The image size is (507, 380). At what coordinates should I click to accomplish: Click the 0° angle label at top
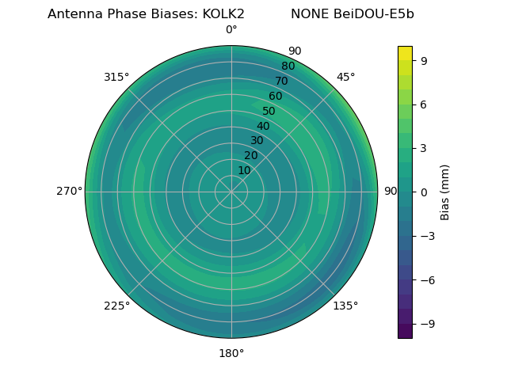coord(231,30)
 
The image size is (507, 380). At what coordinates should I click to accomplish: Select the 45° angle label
coord(345,77)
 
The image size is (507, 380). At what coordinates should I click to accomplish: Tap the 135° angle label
coord(345,306)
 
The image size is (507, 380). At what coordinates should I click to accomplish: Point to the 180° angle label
coord(231,353)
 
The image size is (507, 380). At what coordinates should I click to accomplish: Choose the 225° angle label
coord(116,306)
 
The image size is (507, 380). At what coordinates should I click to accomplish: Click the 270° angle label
coord(69,192)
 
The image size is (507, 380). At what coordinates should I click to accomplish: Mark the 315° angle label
coord(116,77)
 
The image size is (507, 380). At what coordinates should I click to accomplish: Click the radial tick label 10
coord(244,170)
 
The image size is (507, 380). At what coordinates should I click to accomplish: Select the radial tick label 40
coord(263,126)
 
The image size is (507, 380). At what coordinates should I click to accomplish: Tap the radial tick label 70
coord(282,81)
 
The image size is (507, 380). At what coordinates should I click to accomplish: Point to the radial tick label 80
coord(288,66)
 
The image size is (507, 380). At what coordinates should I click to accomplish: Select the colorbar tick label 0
coord(424,192)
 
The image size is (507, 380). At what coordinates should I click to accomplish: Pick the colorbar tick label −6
coord(427,280)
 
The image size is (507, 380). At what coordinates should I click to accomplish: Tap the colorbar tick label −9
coord(427,324)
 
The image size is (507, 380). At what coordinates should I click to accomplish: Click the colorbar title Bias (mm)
coord(445,192)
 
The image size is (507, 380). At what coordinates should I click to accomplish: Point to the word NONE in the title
coord(306,14)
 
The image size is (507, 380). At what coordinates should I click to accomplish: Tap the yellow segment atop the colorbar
coord(405,53)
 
